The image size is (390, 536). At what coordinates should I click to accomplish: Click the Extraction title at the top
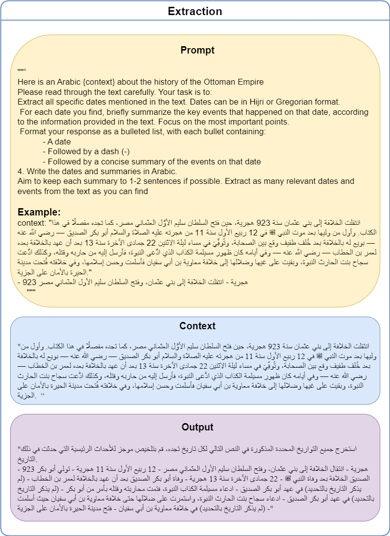click(195, 11)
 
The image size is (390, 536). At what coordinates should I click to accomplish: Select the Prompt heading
click(197, 50)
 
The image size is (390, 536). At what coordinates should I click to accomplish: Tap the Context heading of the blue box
click(197, 326)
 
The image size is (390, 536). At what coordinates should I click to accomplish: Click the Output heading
click(197, 427)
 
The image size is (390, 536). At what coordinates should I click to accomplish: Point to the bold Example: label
click(39, 213)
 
